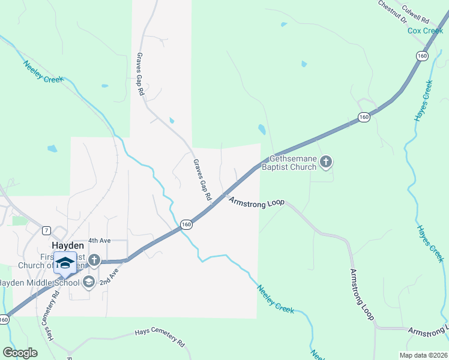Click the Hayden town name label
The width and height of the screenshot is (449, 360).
pos(68,246)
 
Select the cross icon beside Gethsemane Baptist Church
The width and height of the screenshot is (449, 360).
pos(326,161)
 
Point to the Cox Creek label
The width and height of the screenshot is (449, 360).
pos(425,31)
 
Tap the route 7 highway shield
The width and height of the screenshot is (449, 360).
pos(46,230)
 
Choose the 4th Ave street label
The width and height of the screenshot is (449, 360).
pos(100,240)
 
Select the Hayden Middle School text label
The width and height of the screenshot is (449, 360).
pos(40,283)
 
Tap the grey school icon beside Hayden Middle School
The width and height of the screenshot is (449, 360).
pos(89,282)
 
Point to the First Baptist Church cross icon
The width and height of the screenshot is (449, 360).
pos(94,260)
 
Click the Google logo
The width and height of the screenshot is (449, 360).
pos(20,353)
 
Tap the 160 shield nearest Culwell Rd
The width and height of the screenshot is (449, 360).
pos(422,55)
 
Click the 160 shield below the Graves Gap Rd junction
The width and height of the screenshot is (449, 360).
pos(186,224)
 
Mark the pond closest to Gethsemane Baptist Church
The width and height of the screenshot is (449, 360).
pos(262,129)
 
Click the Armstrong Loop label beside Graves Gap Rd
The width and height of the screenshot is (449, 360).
pos(256,203)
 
